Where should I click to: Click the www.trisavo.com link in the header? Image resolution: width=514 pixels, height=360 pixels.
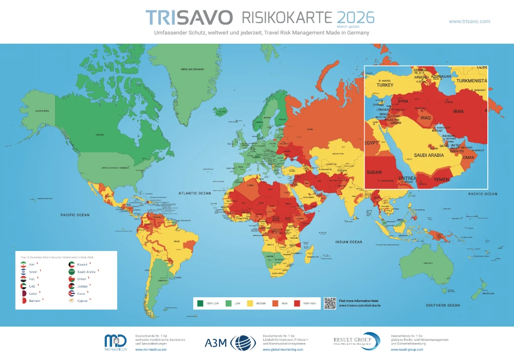(469, 21)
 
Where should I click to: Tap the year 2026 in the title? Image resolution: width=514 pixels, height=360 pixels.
(355, 17)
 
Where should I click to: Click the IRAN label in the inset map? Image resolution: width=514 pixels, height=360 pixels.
(457, 111)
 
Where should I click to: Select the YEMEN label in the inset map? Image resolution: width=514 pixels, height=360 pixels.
(442, 180)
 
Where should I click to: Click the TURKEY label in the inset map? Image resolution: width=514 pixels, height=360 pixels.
(384, 85)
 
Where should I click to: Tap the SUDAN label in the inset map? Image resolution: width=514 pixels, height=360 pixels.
(374, 172)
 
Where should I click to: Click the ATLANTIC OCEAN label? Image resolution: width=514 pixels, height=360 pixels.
(195, 193)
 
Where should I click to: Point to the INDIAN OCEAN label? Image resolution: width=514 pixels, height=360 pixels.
(350, 241)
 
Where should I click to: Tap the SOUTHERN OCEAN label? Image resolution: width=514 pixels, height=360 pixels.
(443, 305)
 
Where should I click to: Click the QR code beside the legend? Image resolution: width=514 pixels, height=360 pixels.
(329, 303)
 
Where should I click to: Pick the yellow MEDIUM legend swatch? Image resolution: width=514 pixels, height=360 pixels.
(251, 303)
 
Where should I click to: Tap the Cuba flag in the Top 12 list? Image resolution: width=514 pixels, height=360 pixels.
(72, 293)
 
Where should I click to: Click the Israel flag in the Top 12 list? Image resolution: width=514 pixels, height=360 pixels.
(23, 272)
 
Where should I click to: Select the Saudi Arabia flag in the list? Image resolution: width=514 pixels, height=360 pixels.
(72, 272)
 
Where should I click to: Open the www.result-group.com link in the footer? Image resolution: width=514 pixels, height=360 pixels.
(407, 350)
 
